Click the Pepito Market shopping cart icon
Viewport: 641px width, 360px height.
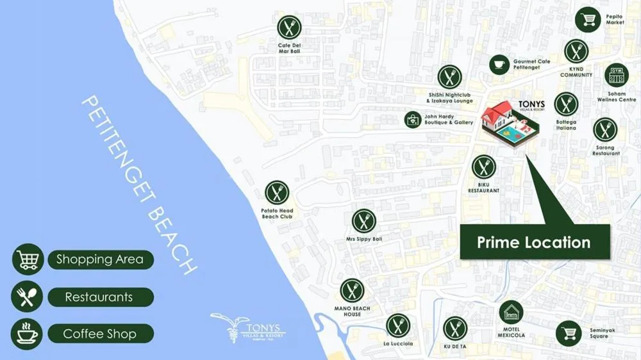[x=587, y=19]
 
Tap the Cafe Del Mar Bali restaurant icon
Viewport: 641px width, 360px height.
[x=289, y=28]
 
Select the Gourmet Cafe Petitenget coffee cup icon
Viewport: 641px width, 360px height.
[x=499, y=64]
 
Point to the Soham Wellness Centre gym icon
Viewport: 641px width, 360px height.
[x=616, y=76]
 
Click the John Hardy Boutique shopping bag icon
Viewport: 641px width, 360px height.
[x=413, y=120]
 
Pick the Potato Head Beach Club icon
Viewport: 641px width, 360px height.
[x=277, y=193]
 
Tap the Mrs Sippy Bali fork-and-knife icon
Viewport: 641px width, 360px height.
[x=364, y=221]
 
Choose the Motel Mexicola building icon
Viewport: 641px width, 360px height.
[x=511, y=313]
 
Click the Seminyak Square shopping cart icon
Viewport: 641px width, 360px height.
[x=568, y=333]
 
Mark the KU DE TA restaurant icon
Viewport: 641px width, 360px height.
[x=455, y=329]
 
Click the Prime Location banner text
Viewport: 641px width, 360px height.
[x=534, y=242]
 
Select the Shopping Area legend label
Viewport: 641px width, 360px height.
[x=101, y=259]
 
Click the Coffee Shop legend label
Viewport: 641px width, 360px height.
[x=100, y=334]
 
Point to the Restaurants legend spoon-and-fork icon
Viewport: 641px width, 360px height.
[x=27, y=297]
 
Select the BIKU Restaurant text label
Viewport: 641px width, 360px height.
[x=483, y=188]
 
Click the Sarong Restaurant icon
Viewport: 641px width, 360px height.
[x=604, y=130]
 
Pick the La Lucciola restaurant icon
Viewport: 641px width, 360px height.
[x=398, y=325]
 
